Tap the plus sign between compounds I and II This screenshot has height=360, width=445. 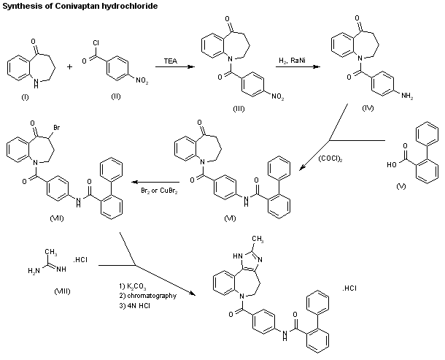click(x=71, y=66)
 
